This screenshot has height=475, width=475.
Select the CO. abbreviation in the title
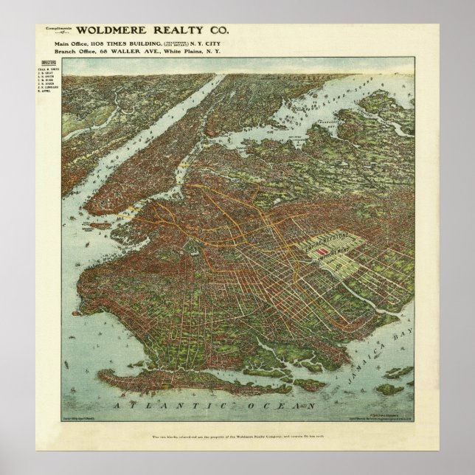(x=219, y=30)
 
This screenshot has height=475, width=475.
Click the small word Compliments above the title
(x=58, y=28)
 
